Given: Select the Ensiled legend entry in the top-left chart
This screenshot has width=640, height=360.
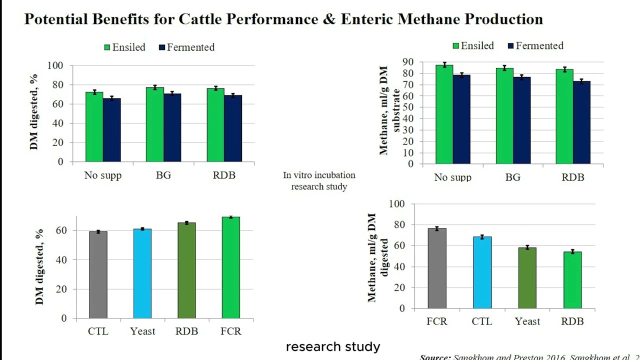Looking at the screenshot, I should (x=124, y=47).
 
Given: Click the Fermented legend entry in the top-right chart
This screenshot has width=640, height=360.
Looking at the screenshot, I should (x=535, y=46).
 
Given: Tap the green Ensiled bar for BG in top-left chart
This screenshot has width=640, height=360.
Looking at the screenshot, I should (x=154, y=124).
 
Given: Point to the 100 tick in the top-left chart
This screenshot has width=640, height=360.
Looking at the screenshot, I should (x=55, y=65).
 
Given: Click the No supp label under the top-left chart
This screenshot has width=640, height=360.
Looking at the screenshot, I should (x=102, y=175).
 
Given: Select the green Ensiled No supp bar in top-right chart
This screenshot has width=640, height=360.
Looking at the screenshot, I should (x=444, y=114).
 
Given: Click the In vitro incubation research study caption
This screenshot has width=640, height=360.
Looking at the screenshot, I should (x=319, y=181).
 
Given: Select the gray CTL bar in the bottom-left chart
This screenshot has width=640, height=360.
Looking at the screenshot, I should (x=98, y=275).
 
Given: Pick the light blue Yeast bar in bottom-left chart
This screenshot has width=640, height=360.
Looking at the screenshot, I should (x=142, y=273).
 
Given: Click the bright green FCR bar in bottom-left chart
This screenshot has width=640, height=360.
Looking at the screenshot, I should (x=231, y=267).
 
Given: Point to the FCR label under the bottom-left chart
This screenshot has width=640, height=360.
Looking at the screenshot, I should (x=231, y=331).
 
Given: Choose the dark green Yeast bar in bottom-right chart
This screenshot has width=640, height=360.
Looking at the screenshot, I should (x=527, y=278).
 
